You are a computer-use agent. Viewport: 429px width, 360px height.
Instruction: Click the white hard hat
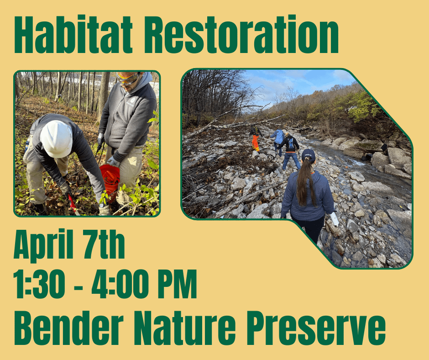56,138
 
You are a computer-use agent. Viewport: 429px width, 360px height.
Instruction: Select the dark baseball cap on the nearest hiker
308,155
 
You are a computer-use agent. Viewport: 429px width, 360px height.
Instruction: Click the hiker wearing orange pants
256,139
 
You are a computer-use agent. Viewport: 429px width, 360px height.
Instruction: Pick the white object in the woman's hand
335,219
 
